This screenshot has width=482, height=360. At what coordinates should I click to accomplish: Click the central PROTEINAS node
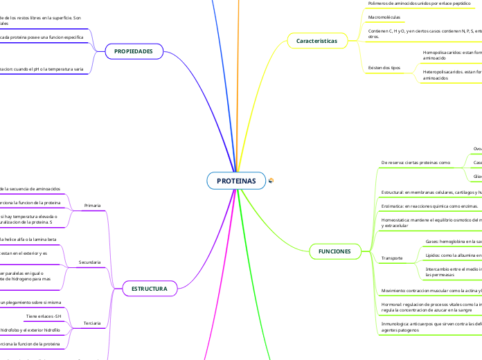coord(236,181)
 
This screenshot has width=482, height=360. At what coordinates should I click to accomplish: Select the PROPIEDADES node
coord(133,51)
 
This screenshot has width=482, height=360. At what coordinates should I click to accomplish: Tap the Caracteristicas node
coord(316,42)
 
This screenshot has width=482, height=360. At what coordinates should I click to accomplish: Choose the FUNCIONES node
coord(334,250)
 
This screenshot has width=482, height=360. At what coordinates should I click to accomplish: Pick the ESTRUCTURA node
coord(150,289)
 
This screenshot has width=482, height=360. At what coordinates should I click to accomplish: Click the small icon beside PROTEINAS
coord(271,181)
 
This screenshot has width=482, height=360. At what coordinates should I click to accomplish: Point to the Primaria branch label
coord(92,206)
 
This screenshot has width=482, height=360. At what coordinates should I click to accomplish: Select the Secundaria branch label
coord(90,262)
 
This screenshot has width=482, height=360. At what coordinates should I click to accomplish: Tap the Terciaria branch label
coord(91,323)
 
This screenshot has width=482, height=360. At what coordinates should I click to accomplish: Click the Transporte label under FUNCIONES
coord(392,258)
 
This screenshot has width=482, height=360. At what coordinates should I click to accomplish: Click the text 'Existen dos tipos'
coord(384,68)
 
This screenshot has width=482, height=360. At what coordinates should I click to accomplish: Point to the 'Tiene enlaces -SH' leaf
coord(44,316)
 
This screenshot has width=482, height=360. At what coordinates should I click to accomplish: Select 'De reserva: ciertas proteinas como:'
coord(416,162)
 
